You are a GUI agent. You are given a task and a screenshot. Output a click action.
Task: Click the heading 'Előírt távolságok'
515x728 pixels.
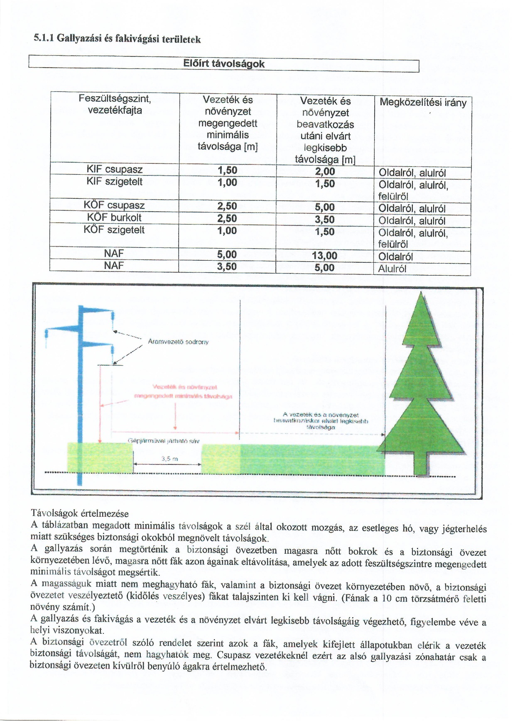[224, 64]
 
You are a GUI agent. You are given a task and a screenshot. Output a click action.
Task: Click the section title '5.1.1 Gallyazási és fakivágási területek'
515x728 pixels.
[117, 39]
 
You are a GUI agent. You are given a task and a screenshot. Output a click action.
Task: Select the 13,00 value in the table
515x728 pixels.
[324, 256]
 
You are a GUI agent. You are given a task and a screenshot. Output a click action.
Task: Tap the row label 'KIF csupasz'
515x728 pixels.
[115, 169]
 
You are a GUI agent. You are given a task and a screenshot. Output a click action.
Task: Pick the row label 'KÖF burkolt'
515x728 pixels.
[114, 217]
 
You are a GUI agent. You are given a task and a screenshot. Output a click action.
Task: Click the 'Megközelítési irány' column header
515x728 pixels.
[423, 103]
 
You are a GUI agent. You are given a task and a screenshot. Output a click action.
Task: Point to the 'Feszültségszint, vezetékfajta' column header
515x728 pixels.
[115, 105]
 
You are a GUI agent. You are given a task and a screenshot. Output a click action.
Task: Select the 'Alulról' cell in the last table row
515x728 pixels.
[392, 269]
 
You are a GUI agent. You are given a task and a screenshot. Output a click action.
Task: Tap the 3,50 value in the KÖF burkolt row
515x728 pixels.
[325, 220]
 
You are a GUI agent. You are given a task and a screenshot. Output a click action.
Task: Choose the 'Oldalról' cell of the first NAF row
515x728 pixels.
[395, 257]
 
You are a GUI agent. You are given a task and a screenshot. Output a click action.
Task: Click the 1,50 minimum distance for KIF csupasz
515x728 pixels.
[227, 170]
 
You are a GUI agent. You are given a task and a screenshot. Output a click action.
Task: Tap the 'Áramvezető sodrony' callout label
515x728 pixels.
[178, 342]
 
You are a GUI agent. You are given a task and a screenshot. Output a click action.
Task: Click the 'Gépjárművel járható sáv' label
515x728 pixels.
[163, 441]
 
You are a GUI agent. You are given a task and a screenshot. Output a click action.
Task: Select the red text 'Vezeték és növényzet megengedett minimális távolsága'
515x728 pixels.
[184, 391]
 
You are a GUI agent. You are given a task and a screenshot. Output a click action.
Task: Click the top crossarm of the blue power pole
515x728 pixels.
[96, 309]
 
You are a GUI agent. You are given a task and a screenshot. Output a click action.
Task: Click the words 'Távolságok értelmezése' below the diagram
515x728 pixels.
[80, 513]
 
